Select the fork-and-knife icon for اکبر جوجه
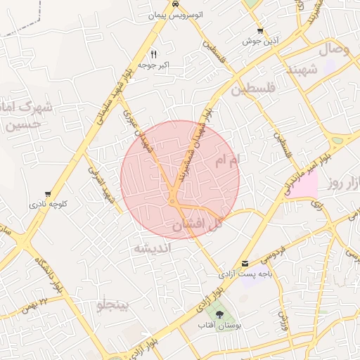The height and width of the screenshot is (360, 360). click(x=153, y=53)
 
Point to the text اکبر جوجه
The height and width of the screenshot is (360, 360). click(x=155, y=65)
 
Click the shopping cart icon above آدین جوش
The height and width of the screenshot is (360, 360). click(x=261, y=31)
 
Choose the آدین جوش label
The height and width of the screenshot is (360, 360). click(x=261, y=41)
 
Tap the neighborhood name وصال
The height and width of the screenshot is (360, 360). click(x=334, y=50)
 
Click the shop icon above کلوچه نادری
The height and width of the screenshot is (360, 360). click(x=48, y=194)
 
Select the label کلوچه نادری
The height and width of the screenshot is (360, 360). click(x=48, y=205)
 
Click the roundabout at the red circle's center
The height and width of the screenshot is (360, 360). click(x=172, y=202)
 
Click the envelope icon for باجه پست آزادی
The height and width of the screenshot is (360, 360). click(x=245, y=263)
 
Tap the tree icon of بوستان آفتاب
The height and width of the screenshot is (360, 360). click(x=221, y=314)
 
